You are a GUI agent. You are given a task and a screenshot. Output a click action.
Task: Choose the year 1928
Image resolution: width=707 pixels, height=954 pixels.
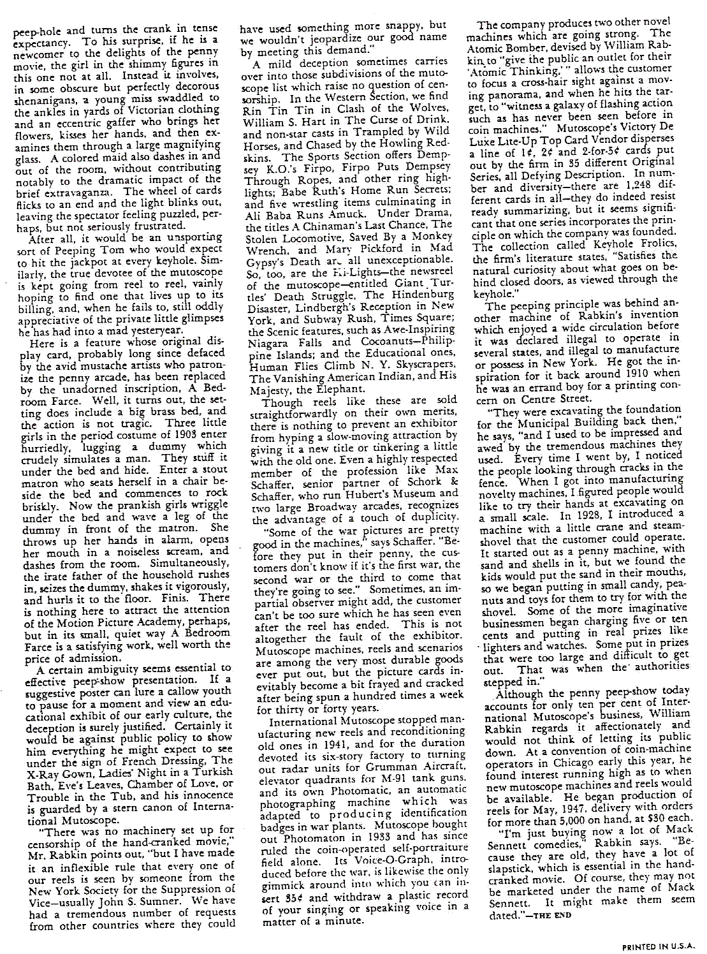[583, 514]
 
